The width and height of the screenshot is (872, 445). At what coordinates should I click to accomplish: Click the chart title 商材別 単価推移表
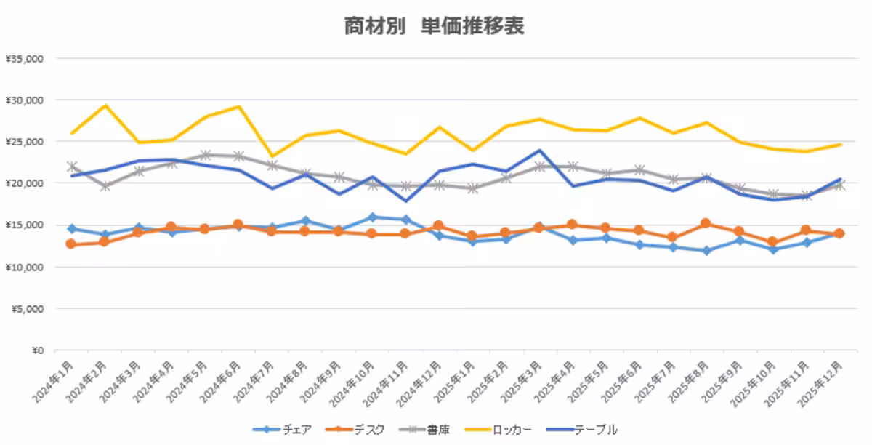click(435, 27)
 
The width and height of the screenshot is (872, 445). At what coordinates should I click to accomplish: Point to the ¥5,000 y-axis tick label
click(27, 309)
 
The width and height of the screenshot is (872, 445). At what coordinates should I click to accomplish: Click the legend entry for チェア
click(283, 430)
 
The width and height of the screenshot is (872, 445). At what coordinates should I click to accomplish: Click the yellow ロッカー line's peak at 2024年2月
click(105, 105)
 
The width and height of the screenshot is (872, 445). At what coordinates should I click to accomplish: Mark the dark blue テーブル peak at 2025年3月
click(539, 151)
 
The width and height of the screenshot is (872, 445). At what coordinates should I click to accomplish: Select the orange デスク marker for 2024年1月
click(70, 244)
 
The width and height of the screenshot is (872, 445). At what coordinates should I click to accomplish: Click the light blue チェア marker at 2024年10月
click(372, 217)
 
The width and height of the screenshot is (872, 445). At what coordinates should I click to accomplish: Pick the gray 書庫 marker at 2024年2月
click(105, 186)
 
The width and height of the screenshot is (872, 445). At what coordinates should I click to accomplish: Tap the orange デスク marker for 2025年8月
click(706, 223)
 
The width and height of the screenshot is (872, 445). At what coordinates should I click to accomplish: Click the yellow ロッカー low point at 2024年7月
click(272, 156)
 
